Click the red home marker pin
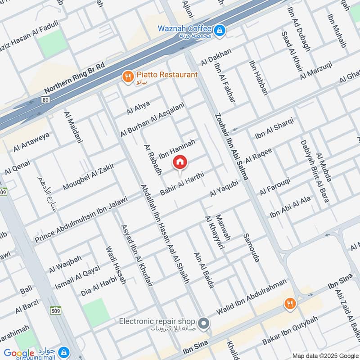pos(180,162)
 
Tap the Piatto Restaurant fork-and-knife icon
pos(128,77)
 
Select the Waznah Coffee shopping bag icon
pos(220,31)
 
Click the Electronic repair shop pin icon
pos(204,323)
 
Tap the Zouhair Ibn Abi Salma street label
pos(231,146)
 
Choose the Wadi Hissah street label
pos(116,265)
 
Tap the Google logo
pos(19,353)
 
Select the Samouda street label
pos(252,248)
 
